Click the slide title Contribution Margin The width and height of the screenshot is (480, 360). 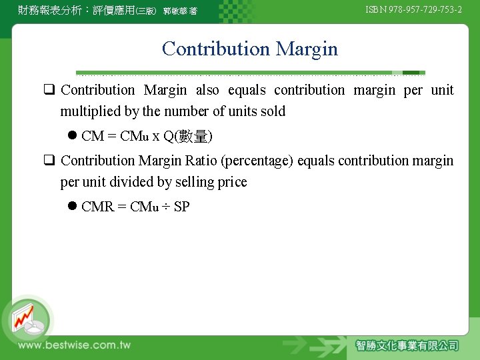click(249, 49)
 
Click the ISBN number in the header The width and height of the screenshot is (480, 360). click(413, 9)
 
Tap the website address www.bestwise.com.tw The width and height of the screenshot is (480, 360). click(74, 345)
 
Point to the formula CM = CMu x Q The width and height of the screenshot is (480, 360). click(147, 137)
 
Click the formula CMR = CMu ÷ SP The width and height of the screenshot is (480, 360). click(135, 207)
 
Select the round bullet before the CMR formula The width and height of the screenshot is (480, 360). click(72, 207)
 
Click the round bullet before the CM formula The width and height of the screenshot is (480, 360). click(72, 136)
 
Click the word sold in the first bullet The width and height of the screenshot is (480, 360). click(272, 111)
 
